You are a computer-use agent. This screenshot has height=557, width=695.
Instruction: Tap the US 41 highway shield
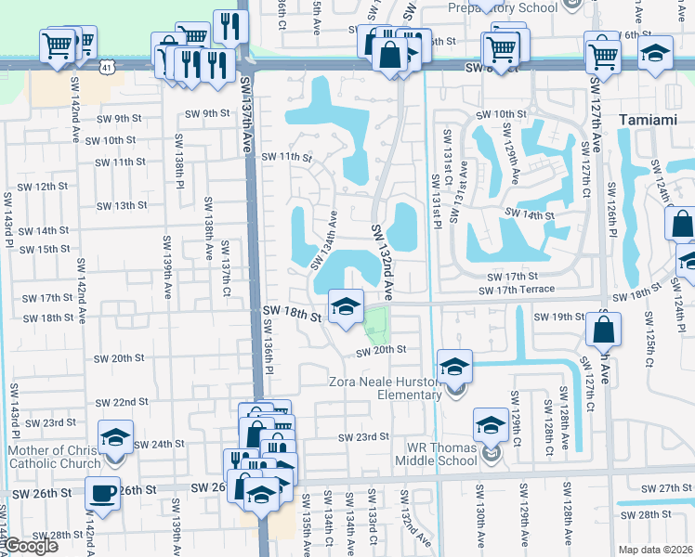(109, 68)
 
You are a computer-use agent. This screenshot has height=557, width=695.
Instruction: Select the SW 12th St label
(45, 187)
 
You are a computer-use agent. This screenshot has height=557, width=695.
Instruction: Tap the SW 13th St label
(123, 205)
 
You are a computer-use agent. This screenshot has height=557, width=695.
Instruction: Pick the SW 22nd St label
(122, 402)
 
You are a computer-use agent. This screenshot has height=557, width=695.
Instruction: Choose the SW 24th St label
(160, 444)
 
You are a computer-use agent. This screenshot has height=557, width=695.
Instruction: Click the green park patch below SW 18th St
(375, 325)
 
